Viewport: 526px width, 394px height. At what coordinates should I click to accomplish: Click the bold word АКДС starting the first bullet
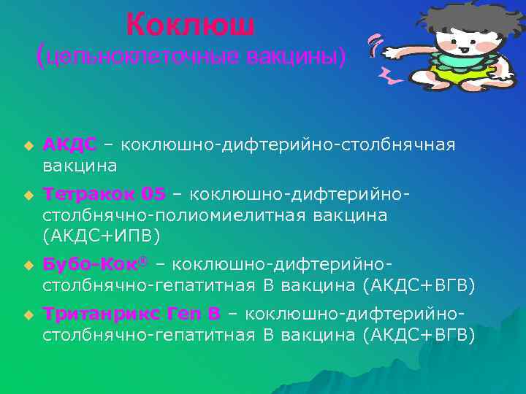point(69,145)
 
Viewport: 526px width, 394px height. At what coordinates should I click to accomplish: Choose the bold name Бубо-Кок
point(94,263)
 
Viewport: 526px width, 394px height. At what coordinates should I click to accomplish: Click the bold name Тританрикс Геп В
point(131,314)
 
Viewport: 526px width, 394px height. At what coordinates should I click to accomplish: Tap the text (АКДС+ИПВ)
point(102,236)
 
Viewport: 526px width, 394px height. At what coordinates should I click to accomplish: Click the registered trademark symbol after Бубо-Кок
point(150,259)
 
